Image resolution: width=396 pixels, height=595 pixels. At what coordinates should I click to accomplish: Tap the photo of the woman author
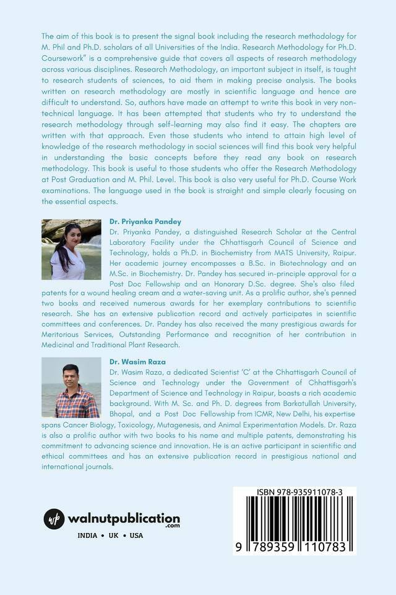[71, 249]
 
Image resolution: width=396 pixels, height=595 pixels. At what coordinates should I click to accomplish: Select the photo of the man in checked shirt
[71, 387]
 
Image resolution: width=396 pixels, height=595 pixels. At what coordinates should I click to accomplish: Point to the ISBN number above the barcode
[294, 492]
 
